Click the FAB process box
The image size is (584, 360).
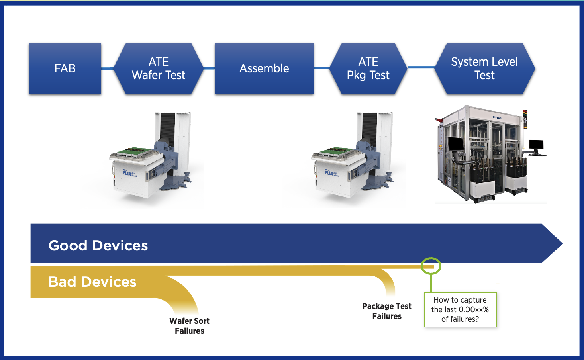coord(65,68)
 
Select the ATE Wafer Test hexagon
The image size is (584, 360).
coord(159,68)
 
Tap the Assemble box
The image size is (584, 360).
coord(264,68)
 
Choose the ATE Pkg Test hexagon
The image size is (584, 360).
coord(368,68)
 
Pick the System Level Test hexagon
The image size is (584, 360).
coord(484,68)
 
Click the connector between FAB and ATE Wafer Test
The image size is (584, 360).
coord(108,69)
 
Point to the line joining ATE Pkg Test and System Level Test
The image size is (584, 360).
coord(421,67)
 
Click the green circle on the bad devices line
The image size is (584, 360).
coord(431,266)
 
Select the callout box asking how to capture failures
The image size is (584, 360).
coord(460,310)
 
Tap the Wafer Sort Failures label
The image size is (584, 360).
coord(189,326)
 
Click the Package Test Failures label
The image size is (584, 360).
coord(387,311)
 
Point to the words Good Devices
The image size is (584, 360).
coord(98,245)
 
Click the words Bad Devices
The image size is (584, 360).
coord(92,282)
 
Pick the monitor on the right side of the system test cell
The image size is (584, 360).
coord(536,146)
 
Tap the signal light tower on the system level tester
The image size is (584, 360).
coord(525,119)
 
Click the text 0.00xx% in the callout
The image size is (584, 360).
coord(473,310)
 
